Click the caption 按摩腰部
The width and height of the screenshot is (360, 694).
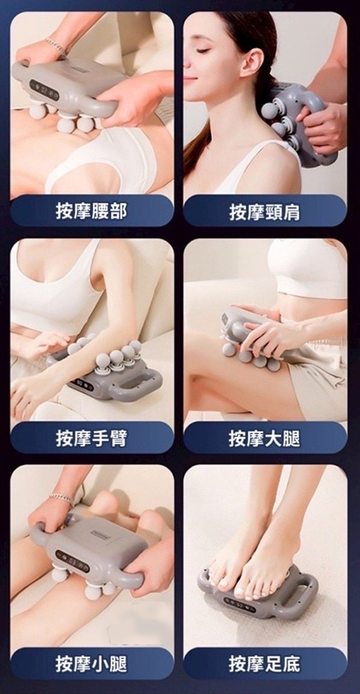pos(91,211)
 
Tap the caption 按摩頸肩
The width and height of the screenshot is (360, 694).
pos(265,212)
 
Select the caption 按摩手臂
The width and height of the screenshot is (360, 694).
pos(91,437)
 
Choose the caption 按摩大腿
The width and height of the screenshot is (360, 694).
pos(265,438)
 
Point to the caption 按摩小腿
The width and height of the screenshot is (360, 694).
pos(91,664)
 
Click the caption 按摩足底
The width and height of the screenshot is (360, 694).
pos(265,664)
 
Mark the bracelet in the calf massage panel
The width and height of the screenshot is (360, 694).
pos(62,497)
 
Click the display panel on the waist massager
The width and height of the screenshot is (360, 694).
pos(44,90)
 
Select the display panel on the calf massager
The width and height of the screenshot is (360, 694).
pos(73,559)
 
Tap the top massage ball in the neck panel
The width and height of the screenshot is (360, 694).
pos(270,110)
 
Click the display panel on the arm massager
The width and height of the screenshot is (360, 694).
pos(82,383)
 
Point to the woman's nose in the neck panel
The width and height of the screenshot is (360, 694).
pos(187,66)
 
